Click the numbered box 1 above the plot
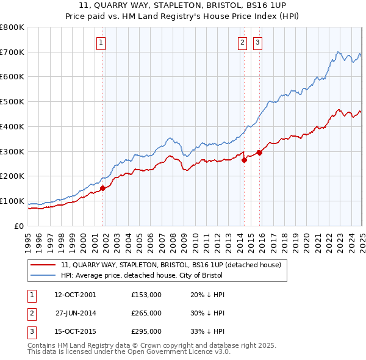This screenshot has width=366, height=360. click(100, 42)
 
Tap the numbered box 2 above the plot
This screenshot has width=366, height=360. click(242, 42)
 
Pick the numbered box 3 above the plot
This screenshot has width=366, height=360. click(257, 42)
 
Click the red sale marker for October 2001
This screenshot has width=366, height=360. click(103, 188)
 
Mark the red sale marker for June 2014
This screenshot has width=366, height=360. click(245, 160)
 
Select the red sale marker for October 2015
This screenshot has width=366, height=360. click(259, 153)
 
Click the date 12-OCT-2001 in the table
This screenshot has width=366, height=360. click(75, 295)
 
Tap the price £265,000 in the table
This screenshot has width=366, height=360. click(146, 313)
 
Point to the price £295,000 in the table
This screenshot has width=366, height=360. click(146, 332)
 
